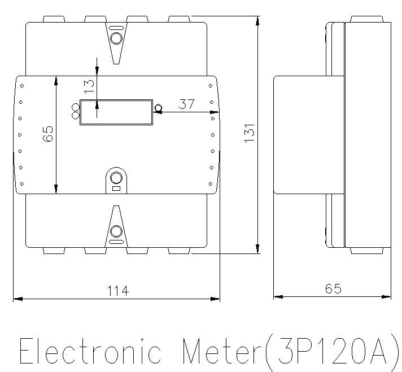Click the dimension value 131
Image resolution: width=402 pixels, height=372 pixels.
[x=250, y=133]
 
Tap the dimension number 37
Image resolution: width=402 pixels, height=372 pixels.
[x=187, y=104]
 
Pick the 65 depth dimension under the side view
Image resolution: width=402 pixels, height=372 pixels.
[x=333, y=288]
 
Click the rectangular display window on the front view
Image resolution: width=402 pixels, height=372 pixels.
[x=116, y=112]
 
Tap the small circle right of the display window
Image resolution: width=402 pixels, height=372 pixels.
[x=158, y=107]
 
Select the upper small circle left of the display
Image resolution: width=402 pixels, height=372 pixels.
[x=75, y=107]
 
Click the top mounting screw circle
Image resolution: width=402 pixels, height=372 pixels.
[x=116, y=38]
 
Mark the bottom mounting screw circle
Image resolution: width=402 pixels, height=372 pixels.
[x=116, y=230]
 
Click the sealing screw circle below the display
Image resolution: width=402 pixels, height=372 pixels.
[x=116, y=178]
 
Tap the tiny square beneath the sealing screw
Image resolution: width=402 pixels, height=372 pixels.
[x=116, y=189]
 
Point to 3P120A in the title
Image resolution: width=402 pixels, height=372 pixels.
[x=333, y=351]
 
